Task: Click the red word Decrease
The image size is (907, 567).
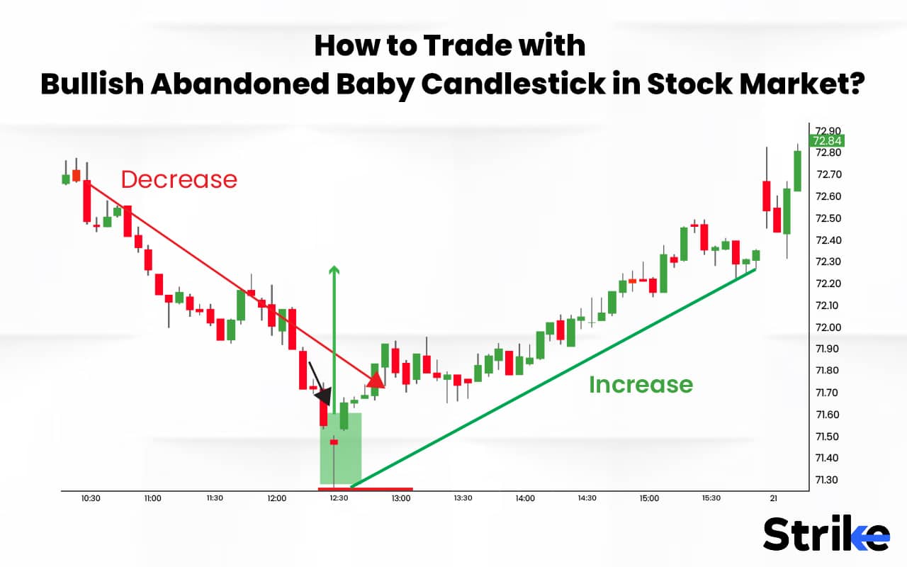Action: pos(179,179)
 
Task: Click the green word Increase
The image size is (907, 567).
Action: pos(641,384)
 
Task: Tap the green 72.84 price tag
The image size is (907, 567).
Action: pos(828,141)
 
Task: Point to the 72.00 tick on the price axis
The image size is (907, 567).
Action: pos(828,327)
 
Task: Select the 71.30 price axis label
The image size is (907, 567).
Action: pos(828,480)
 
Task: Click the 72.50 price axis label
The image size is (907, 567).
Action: pos(828,218)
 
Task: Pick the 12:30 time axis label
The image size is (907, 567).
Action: pos(339,498)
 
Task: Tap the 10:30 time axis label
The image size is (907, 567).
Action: pos(91,498)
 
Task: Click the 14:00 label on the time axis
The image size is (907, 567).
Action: pos(525,498)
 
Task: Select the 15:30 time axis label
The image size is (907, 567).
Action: pos(711,498)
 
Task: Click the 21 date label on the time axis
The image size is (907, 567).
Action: pos(773,498)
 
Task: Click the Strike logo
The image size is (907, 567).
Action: pos(826,534)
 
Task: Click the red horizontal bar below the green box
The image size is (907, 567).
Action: pos(366,489)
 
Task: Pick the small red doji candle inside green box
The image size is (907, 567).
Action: pos(334,442)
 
